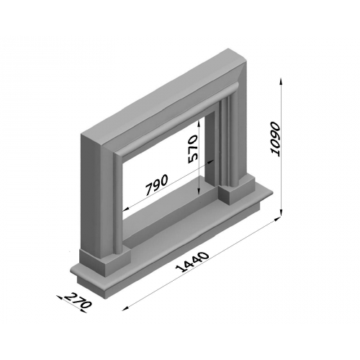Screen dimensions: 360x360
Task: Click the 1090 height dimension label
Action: pyautogui.click(x=275, y=140)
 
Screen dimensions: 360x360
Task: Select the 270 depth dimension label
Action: pyautogui.click(x=78, y=300)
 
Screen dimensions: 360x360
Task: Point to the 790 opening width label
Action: pyautogui.click(x=156, y=184)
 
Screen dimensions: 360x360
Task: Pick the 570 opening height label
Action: pyautogui.click(x=193, y=149)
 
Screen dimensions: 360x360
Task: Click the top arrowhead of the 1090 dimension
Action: pyautogui.click(x=282, y=81)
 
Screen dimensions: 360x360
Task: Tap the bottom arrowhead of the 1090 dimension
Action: pyautogui.click(x=282, y=212)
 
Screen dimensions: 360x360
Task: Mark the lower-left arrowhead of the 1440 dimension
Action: pyautogui.click(x=125, y=309)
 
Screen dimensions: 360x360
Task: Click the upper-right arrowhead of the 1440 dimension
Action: pyautogui.click(x=277, y=218)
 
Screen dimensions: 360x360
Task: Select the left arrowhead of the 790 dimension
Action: pyautogui.click(x=125, y=210)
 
